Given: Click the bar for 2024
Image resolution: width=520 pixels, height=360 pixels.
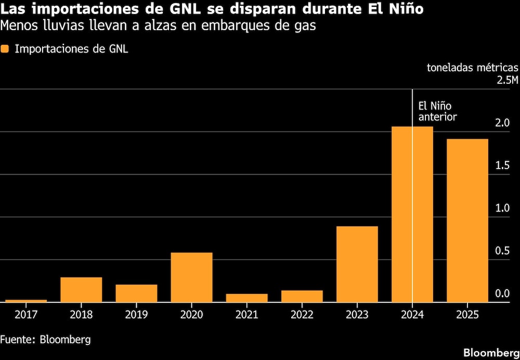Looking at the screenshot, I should tap(412, 214).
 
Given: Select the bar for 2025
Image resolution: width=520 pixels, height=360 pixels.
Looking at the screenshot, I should tap(467, 220).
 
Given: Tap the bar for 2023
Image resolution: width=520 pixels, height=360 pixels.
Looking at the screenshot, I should tap(357, 264).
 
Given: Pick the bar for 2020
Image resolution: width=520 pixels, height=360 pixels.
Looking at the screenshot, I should tap(191, 277).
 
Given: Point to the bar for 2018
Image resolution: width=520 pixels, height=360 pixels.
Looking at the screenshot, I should tap(81, 289).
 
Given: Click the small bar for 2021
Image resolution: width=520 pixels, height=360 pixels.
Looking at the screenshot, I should tap(246, 298).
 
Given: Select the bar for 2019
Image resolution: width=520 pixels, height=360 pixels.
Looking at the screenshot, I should tap(136, 293).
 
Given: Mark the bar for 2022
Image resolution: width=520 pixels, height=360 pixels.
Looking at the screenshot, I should tap(302, 296).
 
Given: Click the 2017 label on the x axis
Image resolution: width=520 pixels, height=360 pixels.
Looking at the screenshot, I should tap(26, 315).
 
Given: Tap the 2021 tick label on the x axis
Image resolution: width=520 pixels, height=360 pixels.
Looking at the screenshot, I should tap(246, 315).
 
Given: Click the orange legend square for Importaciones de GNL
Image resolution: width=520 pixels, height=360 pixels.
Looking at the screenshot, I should tap(5, 49).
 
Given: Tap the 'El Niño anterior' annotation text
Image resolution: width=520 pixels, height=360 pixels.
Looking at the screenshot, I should tap(437, 111).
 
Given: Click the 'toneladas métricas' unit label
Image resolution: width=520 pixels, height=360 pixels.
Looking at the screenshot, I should tap(472, 68).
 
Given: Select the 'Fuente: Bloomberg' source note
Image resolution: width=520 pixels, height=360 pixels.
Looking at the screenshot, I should tap(46, 340).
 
